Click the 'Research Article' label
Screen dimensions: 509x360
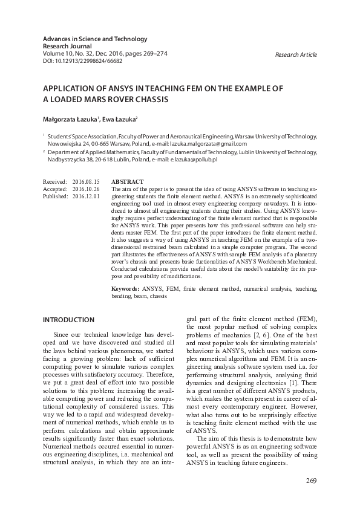pos(295,55)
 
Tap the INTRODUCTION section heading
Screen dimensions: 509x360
pos(68,320)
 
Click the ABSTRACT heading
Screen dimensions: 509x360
pos(128,182)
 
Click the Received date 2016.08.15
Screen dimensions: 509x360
pos(85,182)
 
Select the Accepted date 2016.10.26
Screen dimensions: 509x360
pos(85,189)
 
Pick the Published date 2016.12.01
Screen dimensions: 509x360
pos(85,196)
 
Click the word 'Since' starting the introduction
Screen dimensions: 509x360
pos(62,335)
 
